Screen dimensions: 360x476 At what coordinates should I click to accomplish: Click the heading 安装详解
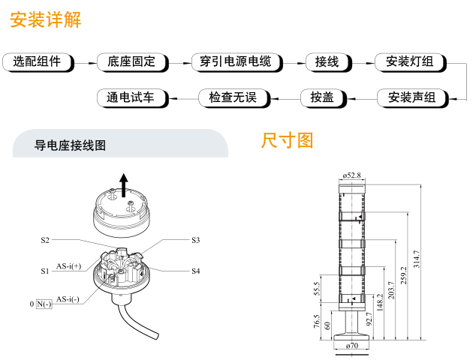tap(45, 19)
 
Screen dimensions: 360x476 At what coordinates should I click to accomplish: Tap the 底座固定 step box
tap(132, 62)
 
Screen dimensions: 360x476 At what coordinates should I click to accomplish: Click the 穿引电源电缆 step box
tap(235, 62)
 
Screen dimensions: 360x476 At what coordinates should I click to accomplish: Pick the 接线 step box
tap(327, 62)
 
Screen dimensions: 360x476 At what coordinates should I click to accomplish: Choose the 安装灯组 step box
tap(409, 62)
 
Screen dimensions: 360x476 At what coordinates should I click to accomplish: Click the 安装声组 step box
tap(411, 97)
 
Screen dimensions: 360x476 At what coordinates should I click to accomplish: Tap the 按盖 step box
tap(321, 97)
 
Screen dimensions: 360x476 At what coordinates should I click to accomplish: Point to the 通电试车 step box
tap(131, 97)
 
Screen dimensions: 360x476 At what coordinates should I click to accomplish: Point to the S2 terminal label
tap(45, 240)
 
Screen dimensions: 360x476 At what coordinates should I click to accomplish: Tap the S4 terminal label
tap(195, 270)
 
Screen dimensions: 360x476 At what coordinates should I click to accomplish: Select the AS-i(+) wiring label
tap(68, 265)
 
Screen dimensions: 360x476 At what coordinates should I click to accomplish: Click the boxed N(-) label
tap(44, 304)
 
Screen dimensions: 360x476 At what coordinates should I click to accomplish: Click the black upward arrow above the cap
tap(125, 180)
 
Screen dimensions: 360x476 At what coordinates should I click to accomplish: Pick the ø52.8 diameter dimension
tap(351, 175)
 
